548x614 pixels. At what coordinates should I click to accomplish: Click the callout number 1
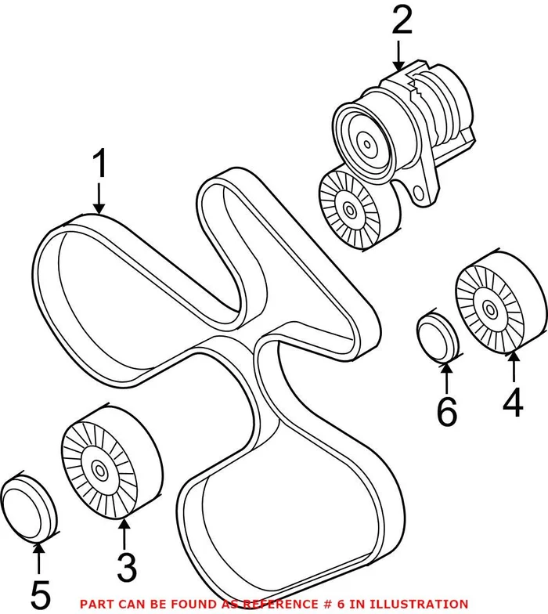tap(99, 166)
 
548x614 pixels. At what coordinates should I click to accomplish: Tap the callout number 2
tap(402, 22)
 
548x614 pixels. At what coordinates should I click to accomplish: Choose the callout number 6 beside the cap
tap(446, 411)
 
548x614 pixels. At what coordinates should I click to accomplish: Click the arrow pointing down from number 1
tap(99, 199)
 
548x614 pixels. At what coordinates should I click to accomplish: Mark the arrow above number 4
tap(513, 368)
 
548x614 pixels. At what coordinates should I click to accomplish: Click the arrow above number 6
tap(445, 377)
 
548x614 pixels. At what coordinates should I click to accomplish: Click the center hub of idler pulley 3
tap(99, 471)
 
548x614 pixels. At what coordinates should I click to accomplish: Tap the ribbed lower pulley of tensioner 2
tap(348, 208)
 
